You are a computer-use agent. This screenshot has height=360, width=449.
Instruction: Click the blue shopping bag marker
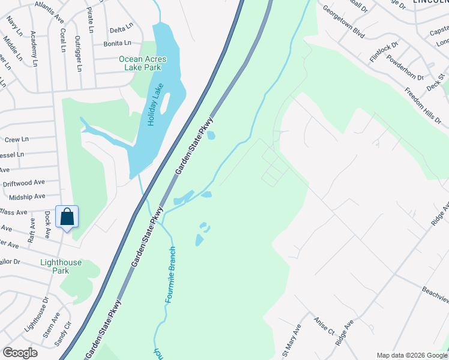[67, 217]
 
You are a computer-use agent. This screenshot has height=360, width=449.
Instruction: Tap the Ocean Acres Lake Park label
[142, 63]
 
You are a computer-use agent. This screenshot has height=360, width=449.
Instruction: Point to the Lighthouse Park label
[61, 266]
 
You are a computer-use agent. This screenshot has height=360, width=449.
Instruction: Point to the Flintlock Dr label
[384, 52]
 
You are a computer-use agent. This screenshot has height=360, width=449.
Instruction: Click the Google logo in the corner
[20, 353]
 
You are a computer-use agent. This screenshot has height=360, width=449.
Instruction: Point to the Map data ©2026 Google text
[411, 356]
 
